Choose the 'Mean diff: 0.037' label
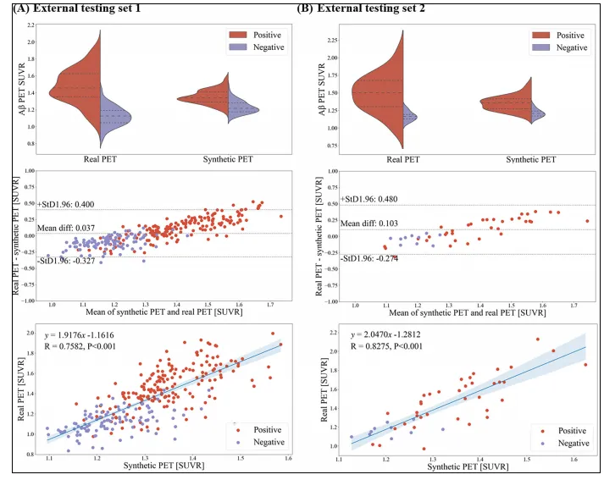tap(64, 228)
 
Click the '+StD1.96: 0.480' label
tap(369, 199)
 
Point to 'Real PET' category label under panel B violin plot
tap(402, 158)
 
